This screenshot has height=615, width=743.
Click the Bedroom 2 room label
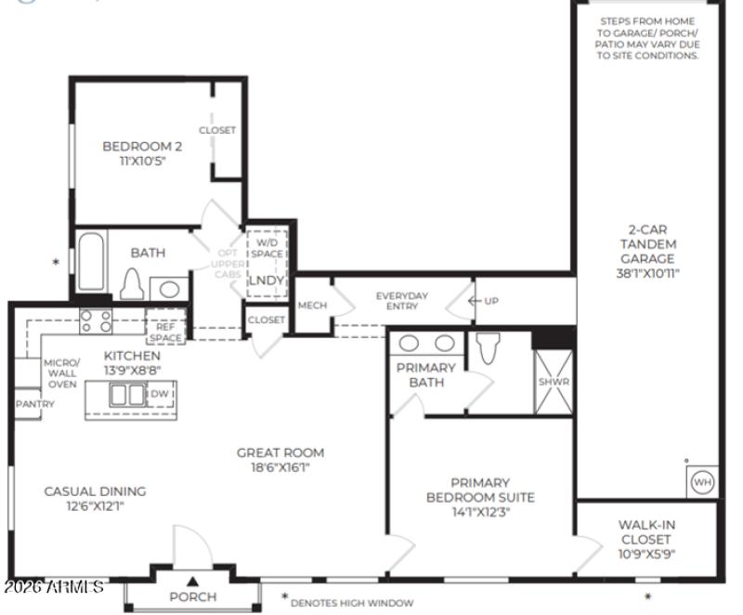coord(141,146)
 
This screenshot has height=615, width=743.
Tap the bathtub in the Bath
coord(90,262)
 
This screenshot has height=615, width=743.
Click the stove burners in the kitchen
coord(96,321)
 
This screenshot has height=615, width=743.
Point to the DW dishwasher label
coord(158,394)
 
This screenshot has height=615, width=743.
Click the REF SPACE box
coord(165,333)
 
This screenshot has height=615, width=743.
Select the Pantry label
coord(35,404)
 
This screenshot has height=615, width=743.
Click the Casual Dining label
coord(95,491)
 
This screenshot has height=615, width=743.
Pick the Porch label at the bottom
coord(193,596)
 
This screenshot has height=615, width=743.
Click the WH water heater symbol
coord(702,483)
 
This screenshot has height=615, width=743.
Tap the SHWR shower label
coord(553,382)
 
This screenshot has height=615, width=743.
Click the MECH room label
coord(312,305)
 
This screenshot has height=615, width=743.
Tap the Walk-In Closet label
coord(646,539)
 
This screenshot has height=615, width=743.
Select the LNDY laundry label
coord(266,281)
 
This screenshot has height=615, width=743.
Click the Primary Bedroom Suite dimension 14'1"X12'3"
coord(480,511)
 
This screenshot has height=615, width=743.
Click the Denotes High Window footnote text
coord(352,603)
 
